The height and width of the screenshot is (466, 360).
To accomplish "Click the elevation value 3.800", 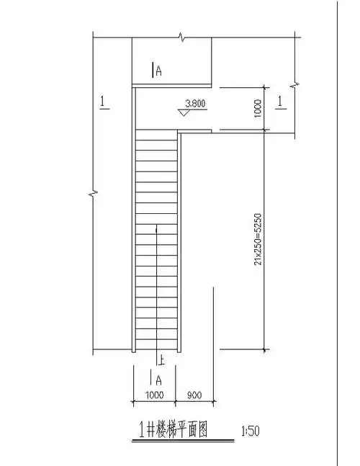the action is point(195,104).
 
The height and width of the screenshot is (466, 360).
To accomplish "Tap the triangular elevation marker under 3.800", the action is point(184,112).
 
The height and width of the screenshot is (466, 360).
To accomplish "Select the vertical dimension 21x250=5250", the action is point(258,238).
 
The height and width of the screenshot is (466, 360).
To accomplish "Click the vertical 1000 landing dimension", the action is point(258,109).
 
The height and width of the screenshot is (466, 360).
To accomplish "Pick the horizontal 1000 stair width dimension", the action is point(155,395).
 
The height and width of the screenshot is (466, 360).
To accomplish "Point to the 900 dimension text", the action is point(194,395).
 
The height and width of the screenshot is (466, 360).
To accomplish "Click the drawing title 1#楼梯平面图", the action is point(174,430).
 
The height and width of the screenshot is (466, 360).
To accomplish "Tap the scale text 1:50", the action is point(251,431).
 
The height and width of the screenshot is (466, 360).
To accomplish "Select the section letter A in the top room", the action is point(159,71).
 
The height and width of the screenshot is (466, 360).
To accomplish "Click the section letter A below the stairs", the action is point(159,380).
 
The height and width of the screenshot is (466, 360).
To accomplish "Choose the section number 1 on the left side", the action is point(103,102).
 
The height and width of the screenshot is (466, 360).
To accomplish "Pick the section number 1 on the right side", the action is point(280,102).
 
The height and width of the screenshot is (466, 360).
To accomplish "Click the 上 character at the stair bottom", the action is point(161,359).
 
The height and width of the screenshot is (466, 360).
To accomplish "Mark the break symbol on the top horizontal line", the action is point(181,37).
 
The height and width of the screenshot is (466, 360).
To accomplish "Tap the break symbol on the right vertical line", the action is point(294,85).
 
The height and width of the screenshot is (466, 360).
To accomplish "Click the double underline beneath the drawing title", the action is point(183,441).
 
